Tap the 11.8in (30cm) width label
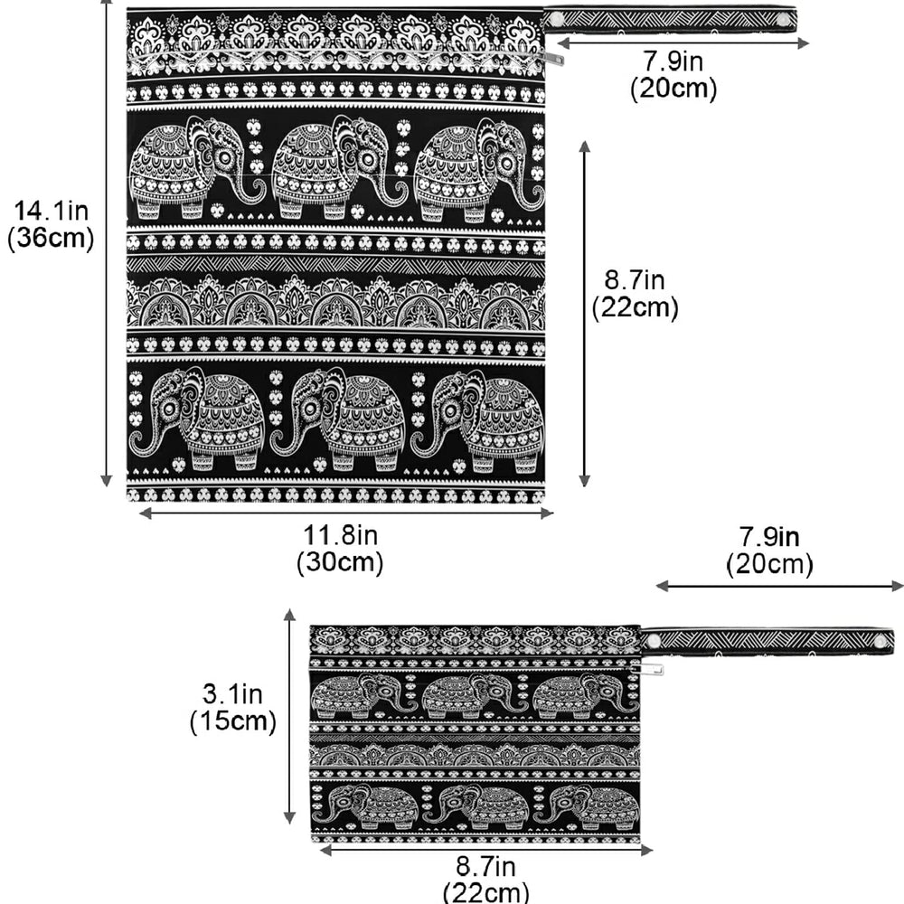pos(340,549)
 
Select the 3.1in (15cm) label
pos(233,708)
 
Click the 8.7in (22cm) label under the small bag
pos(486,880)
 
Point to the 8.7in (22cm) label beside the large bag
pos(635,294)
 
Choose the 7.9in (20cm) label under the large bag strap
pos(673,75)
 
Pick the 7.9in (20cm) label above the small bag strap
pos(769,551)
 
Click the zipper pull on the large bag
pos(554,57)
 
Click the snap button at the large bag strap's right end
pos(784,20)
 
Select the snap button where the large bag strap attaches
pos(555,20)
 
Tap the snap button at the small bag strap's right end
pos(880,642)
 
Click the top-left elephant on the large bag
pos(197,167)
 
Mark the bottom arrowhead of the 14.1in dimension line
pos(106,481)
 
